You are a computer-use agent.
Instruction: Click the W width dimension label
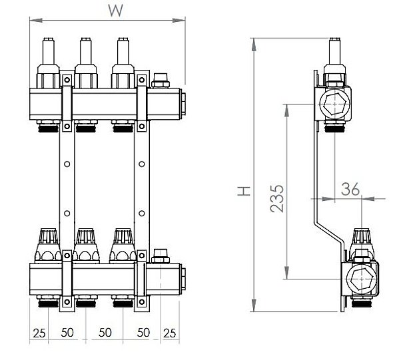pyautogui.click(x=115, y=10)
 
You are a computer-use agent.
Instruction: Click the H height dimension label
pyautogui.click(x=244, y=191)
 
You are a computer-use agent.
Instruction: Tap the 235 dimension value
pyautogui.click(x=277, y=198)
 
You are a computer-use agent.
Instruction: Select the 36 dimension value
pyautogui.click(x=350, y=189)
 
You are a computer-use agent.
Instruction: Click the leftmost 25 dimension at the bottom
pyautogui.click(x=39, y=333)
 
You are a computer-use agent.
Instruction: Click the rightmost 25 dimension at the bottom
pyautogui.click(x=169, y=333)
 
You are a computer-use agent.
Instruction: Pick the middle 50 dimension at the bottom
pyautogui.click(x=105, y=332)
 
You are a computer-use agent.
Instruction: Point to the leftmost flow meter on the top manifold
pyautogui.click(x=49, y=63)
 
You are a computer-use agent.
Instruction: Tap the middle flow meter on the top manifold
pyautogui.click(x=86, y=63)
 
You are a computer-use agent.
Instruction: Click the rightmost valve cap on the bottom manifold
pyautogui.click(x=123, y=246)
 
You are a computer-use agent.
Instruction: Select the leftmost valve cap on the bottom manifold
pyautogui.click(x=49, y=246)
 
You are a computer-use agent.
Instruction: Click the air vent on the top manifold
pyautogui.click(x=161, y=81)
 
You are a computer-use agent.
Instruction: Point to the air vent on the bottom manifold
pyautogui.click(x=161, y=256)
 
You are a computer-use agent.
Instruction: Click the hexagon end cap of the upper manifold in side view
pyautogui.click(x=334, y=104)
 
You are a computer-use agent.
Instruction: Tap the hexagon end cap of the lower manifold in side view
pyautogui.click(x=361, y=279)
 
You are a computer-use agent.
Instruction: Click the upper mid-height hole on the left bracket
pyautogui.click(x=67, y=164)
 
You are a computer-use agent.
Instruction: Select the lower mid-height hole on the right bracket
pyautogui.click(x=142, y=214)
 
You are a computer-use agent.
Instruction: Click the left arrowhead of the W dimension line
pyautogui.click(x=36, y=21)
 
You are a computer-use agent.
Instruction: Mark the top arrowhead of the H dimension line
pyautogui.click(x=254, y=45)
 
